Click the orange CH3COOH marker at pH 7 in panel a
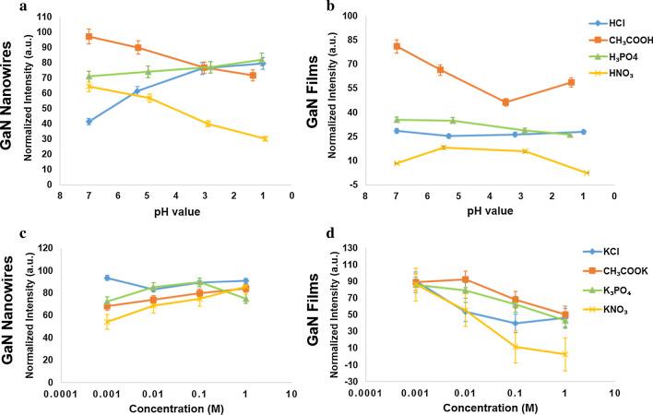coord(89,37)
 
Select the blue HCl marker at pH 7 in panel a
coord(89,122)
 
